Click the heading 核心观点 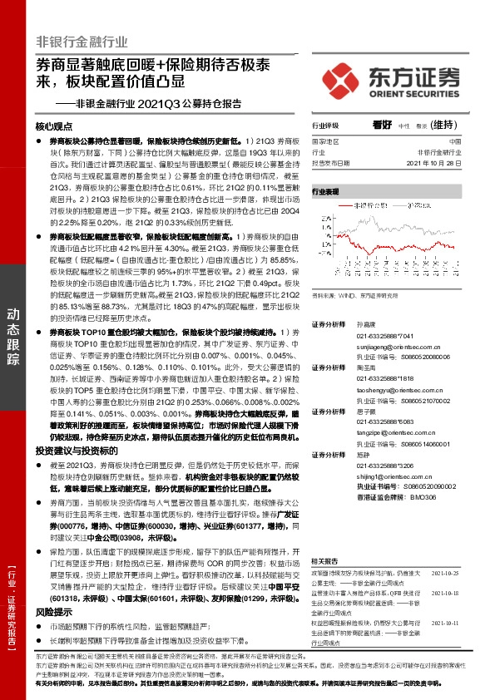(56, 126)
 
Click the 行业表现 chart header (326, 191)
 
